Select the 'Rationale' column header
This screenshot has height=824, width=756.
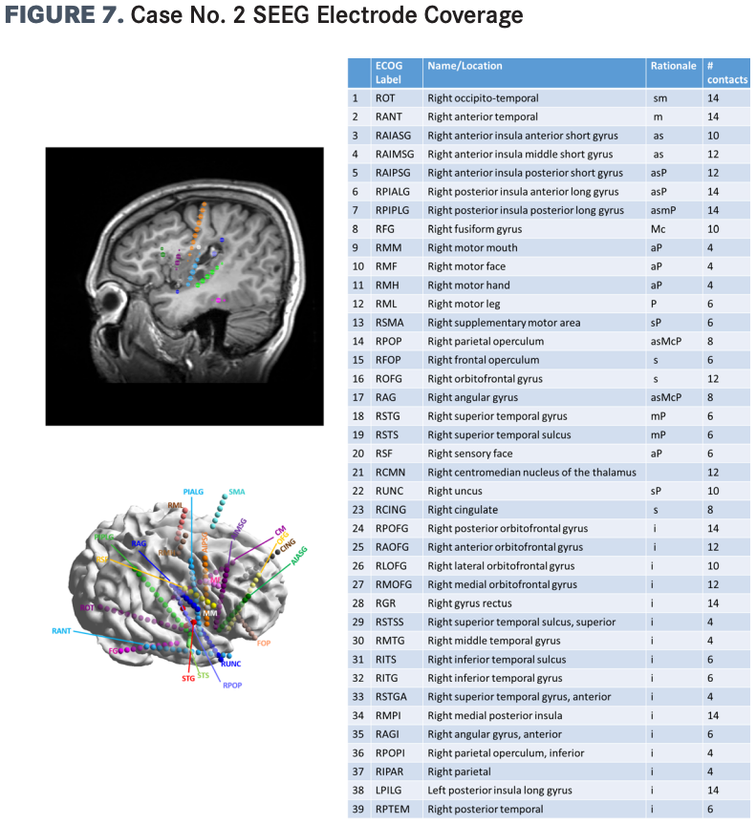(673, 66)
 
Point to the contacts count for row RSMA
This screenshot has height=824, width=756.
(712, 323)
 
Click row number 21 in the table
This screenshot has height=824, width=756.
(356, 473)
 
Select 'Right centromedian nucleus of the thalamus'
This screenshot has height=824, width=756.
(531, 473)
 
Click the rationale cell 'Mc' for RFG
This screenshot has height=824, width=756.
(659, 229)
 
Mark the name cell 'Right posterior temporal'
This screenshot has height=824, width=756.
(486, 810)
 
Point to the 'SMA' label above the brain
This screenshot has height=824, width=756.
(237, 492)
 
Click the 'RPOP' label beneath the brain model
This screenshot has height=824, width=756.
(233, 685)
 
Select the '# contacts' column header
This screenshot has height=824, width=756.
(726, 73)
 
